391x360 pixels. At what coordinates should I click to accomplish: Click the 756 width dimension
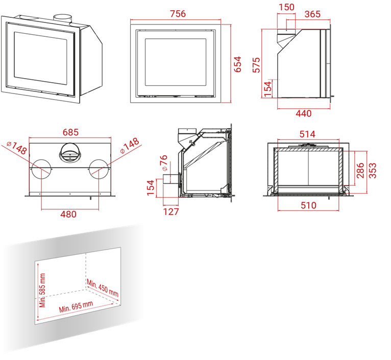coord(178,14)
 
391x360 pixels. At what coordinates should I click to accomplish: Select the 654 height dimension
coord(238,64)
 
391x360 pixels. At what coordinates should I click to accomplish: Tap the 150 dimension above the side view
coord(286,7)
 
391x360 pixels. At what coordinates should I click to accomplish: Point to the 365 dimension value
coord(312,14)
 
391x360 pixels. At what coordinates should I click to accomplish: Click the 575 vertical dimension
coord(256,65)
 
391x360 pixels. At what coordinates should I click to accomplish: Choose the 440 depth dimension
coord(304,113)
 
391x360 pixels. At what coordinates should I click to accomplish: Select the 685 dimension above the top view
coord(70,132)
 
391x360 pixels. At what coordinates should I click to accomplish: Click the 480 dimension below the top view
coord(68,214)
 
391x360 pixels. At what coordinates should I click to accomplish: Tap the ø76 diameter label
coord(164,163)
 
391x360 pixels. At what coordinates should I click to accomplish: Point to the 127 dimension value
coord(171,211)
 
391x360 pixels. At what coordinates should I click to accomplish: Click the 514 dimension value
coord(307,134)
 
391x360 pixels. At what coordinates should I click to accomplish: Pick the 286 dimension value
coord(360,171)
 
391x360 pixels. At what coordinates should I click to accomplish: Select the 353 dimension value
coord(372,171)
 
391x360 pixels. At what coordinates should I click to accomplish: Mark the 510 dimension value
coord(308,205)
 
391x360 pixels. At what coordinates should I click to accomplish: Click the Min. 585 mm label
coord(42,291)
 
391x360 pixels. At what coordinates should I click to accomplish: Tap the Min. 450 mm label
coord(103,288)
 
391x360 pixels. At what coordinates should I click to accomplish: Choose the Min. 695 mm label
coord(76,306)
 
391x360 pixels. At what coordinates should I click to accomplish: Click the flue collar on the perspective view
coord(63,20)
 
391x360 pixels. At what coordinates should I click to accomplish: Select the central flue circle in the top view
coord(70,153)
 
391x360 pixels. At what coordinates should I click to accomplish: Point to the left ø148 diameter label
coord(17,148)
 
